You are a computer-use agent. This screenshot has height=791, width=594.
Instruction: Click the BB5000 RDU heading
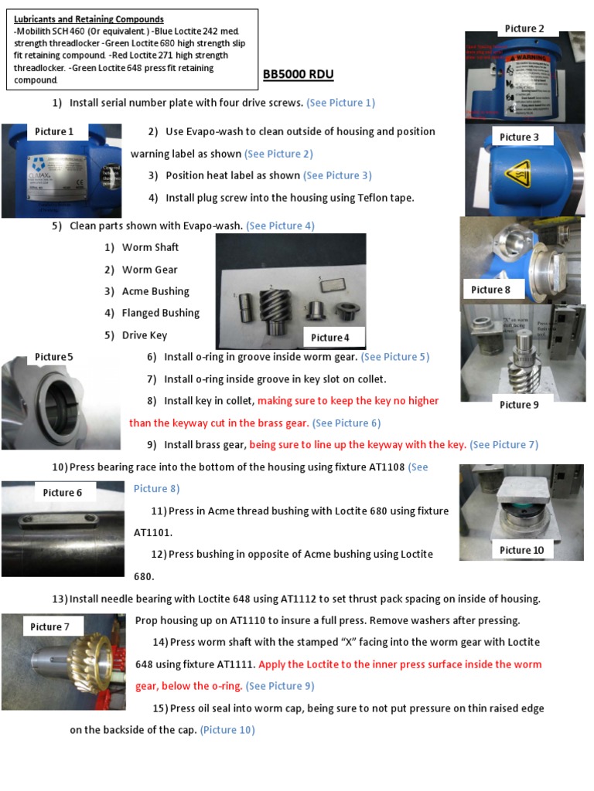(299, 75)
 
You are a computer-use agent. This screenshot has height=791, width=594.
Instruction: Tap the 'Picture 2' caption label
(524, 29)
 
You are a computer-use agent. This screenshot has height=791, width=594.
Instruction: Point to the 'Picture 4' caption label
(330, 337)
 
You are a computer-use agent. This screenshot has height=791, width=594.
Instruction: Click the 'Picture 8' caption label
(490, 290)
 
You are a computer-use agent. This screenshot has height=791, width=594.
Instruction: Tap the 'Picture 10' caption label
(521, 550)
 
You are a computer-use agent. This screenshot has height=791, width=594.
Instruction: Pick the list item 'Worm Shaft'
(150, 247)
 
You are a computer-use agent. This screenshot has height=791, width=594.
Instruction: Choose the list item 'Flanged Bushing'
(160, 313)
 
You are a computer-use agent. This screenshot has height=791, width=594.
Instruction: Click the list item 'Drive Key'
(144, 335)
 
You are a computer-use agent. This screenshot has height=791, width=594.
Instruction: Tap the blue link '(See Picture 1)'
(340, 103)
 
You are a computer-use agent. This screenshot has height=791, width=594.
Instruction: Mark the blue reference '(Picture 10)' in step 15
(227, 730)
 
